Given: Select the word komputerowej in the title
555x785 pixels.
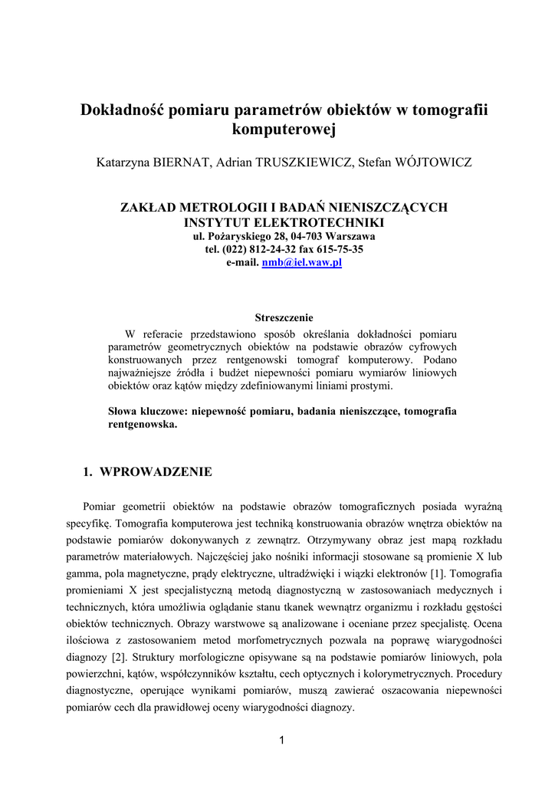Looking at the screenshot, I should [x=284, y=131].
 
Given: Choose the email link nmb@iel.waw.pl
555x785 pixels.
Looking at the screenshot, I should [x=301, y=262].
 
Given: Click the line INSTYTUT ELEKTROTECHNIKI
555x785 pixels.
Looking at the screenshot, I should [x=284, y=222].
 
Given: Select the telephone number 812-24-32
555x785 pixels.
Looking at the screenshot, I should [x=264, y=249].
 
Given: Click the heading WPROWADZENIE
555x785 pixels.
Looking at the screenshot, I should [x=156, y=471].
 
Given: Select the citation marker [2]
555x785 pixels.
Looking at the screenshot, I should [x=118, y=657].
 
